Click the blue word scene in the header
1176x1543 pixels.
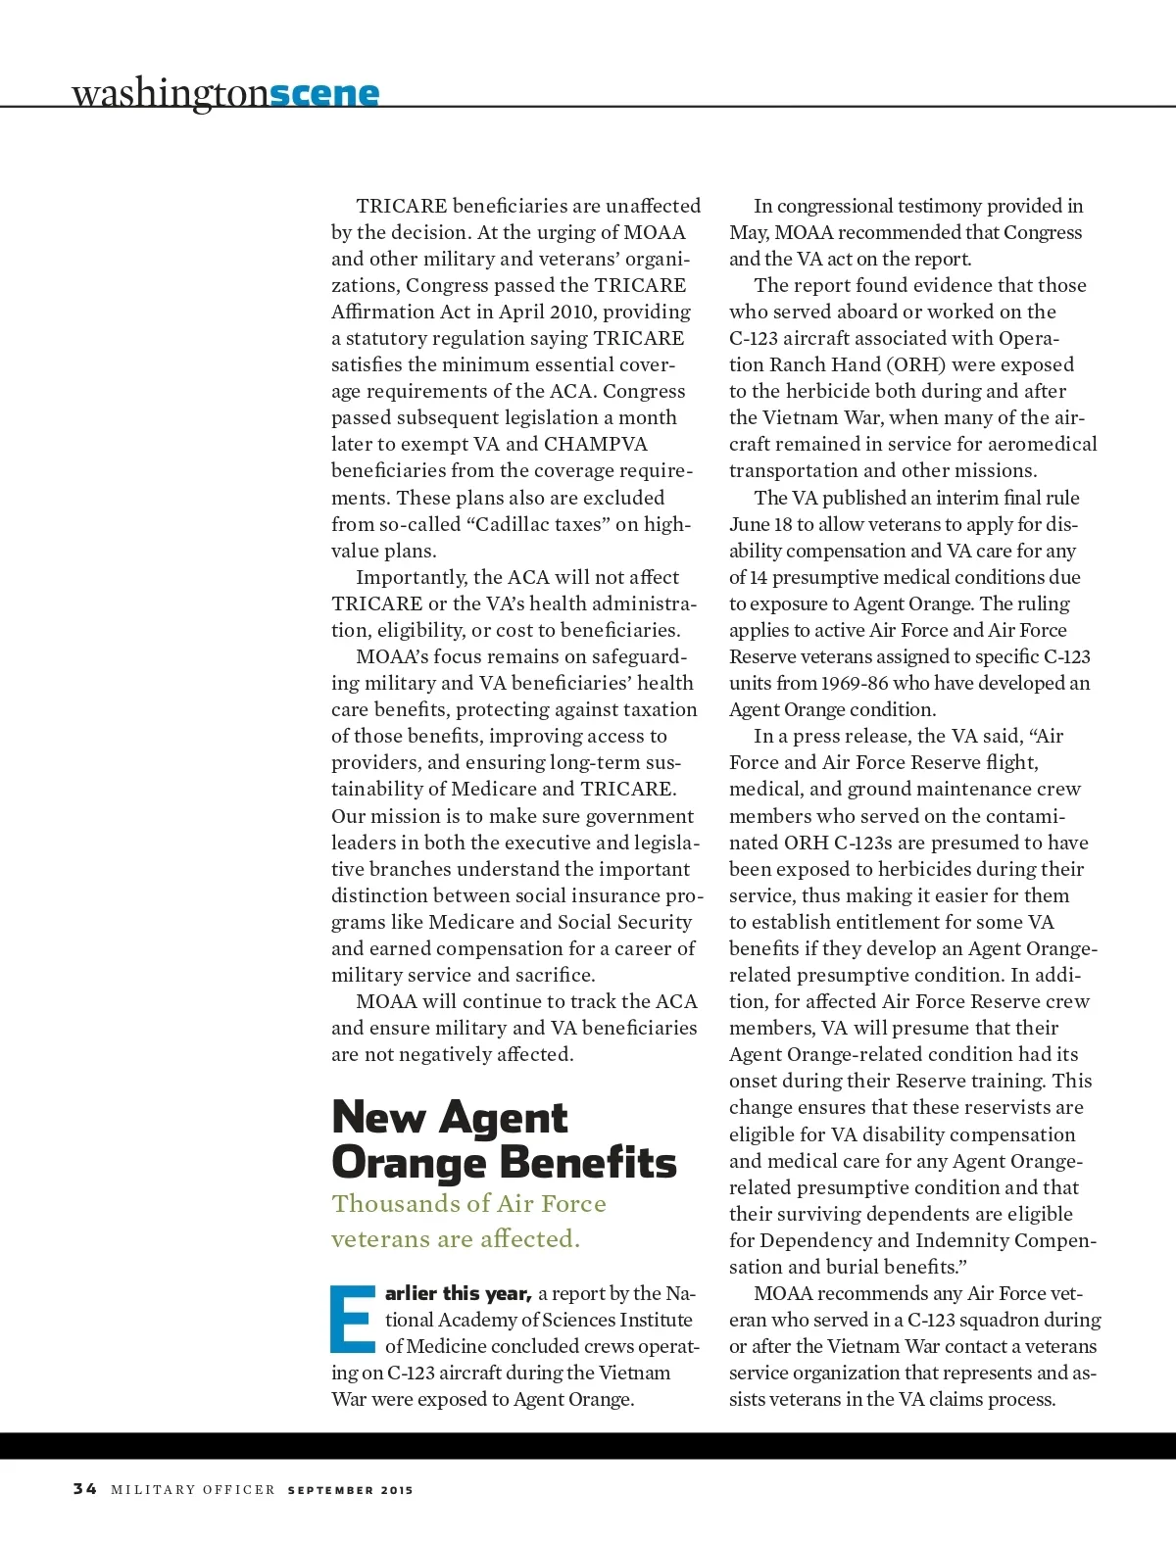click(x=324, y=93)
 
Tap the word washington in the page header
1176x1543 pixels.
click(x=170, y=94)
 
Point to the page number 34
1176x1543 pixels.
click(x=85, y=1489)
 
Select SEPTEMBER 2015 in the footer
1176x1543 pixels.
click(x=350, y=1490)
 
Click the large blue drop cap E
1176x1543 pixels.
click(x=353, y=1319)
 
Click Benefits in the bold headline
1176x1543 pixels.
click(x=590, y=1164)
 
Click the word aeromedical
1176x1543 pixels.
click(x=1039, y=444)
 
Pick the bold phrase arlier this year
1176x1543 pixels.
click(x=458, y=1293)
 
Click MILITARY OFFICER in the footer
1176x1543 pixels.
click(x=193, y=1490)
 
